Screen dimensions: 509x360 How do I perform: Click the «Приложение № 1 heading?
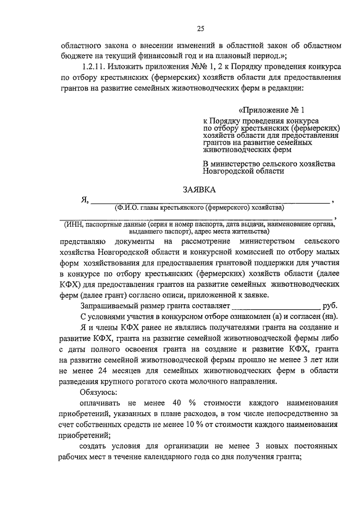tap(271, 110)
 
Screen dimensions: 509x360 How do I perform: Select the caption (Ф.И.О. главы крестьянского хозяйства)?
tap(200, 208)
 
